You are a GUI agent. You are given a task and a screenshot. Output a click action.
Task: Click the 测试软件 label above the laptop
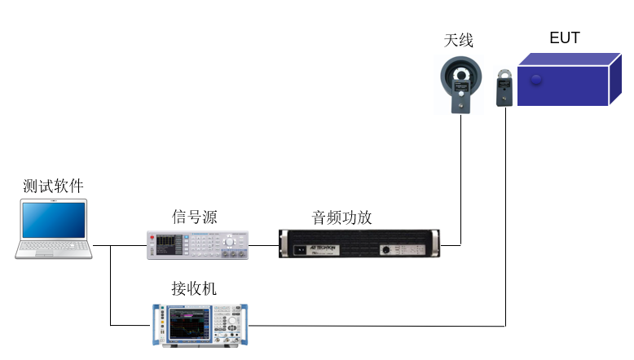click(53, 187)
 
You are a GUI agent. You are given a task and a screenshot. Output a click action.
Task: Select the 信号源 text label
click(195, 216)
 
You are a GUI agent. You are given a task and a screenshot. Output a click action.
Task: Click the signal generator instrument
click(198, 244)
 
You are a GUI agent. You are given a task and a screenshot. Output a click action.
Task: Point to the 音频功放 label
click(342, 217)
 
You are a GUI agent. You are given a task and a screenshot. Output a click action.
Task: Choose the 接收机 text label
click(194, 288)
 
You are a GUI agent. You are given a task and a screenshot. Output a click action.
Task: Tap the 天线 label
click(459, 40)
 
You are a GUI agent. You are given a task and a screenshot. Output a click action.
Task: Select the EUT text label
click(565, 37)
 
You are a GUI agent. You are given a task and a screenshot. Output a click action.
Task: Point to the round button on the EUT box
click(535, 80)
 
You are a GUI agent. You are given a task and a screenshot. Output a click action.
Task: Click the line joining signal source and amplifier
click(264, 244)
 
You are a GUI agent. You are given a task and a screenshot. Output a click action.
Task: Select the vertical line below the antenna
click(462, 179)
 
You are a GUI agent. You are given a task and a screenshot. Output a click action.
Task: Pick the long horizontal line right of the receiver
click(375, 326)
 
